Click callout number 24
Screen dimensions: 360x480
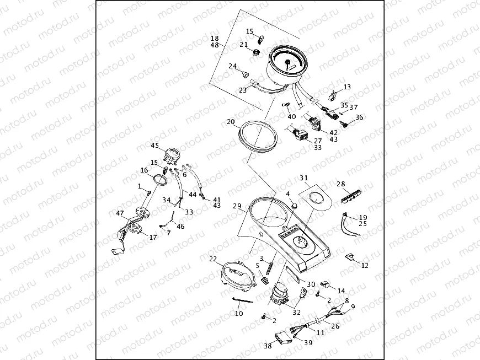click(233, 66)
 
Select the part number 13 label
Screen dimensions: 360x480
click(347, 87)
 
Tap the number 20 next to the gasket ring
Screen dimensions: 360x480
click(231, 121)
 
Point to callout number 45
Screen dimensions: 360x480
click(154, 146)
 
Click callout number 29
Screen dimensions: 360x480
click(237, 206)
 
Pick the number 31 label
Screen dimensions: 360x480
click(303, 178)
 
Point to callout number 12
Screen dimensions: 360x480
click(365, 266)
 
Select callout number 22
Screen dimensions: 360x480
click(213, 259)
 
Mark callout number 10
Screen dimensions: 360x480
click(238, 314)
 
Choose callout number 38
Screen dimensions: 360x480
click(268, 346)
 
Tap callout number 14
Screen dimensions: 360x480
click(341, 291)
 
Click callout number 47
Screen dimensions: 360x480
click(119, 213)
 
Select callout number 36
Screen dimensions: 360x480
click(359, 117)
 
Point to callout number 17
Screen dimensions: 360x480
click(153, 238)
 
